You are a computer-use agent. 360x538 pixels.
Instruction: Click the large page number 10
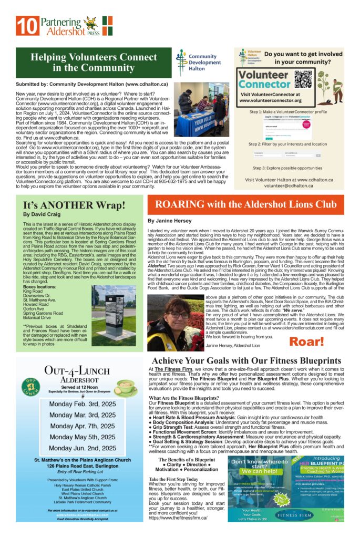click(24, 25)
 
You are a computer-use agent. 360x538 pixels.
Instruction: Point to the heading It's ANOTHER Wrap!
click(74, 204)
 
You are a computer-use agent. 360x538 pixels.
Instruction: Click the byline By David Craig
click(41, 214)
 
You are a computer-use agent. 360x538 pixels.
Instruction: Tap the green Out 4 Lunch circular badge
click(31, 387)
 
